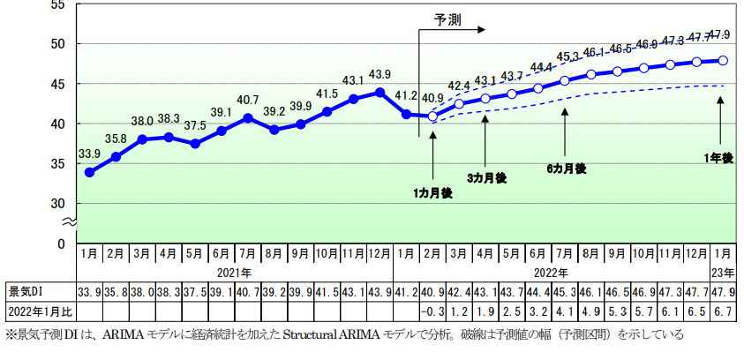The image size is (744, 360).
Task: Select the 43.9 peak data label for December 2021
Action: point(380,73)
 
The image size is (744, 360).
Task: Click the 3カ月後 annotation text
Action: point(486,177)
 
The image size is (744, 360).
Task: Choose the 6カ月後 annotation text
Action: point(566,168)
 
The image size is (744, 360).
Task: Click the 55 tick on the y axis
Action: point(59,4)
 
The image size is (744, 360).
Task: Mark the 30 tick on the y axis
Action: point(59,203)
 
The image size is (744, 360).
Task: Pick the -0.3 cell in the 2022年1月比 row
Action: point(432,311)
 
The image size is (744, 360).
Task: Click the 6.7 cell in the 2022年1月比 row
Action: point(723,311)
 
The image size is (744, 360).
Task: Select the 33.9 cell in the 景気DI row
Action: point(89,291)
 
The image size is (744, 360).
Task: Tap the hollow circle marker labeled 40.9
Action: point(432,116)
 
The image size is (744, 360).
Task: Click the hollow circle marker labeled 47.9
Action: point(723,60)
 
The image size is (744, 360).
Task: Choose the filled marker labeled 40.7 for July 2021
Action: point(248,117)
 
